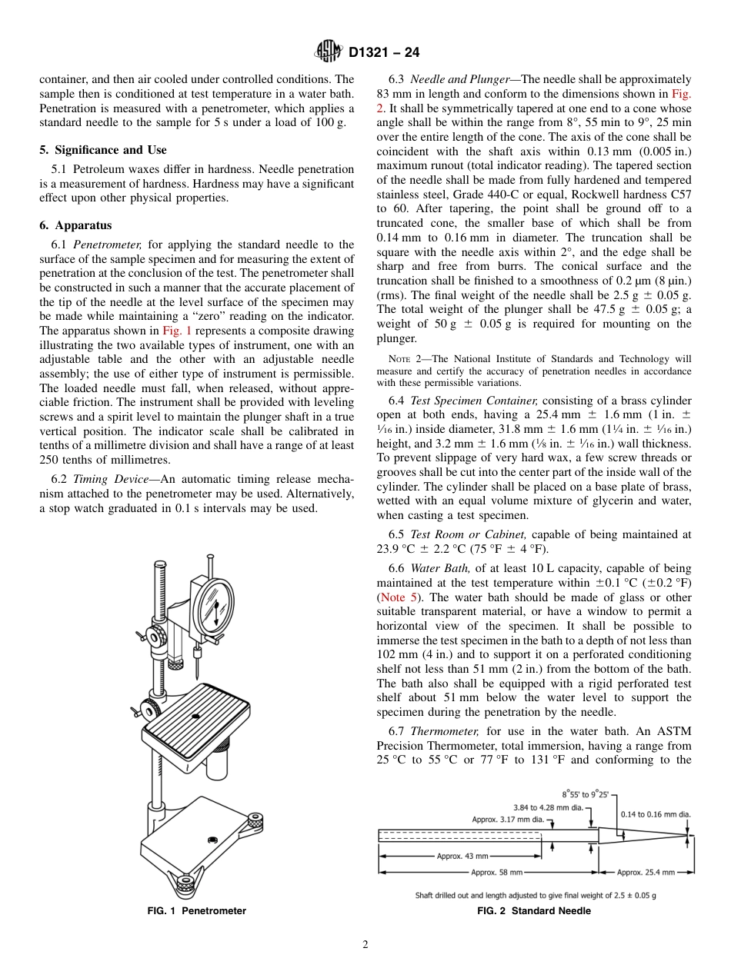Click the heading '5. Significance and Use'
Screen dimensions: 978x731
click(x=102, y=150)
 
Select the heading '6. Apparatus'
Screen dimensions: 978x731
click(x=75, y=225)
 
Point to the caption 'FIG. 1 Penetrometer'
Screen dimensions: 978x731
click(x=197, y=910)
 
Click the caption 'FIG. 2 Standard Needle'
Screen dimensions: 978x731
click(x=534, y=910)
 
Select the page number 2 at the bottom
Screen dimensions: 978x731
click(x=365, y=945)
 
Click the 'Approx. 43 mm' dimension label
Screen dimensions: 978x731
click(x=462, y=856)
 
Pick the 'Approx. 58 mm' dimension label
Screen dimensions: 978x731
click(x=496, y=872)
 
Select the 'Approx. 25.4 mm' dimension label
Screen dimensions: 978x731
click(x=646, y=872)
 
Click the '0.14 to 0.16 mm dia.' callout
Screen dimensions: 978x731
click(x=656, y=813)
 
